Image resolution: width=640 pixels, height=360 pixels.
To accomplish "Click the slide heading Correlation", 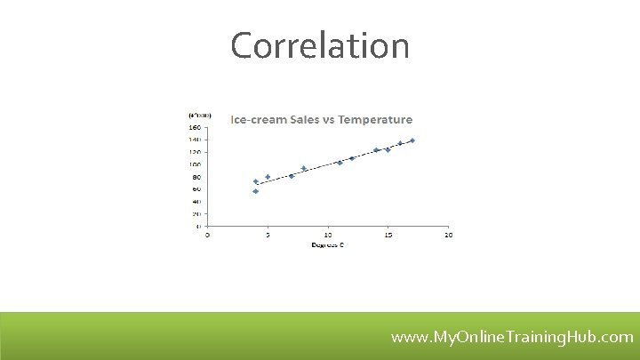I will [x=320, y=45].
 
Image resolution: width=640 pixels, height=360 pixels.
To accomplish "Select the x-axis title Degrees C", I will [x=327, y=244].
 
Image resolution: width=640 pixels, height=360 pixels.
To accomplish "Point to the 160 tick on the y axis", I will [x=195, y=126].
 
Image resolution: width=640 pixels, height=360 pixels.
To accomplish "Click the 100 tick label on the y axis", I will [x=195, y=164].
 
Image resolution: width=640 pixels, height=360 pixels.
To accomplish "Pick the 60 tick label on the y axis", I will [x=196, y=188].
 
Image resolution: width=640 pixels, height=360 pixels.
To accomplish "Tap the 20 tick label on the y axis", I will [x=196, y=213].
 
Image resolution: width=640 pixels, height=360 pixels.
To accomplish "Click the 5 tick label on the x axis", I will [x=268, y=235].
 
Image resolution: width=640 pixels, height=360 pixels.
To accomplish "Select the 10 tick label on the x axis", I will [x=327, y=235].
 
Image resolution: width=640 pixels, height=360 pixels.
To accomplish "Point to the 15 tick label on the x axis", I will [x=388, y=235].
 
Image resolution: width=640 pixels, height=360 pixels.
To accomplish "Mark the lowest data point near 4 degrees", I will [x=256, y=191].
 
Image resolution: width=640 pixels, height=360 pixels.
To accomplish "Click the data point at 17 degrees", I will [x=412, y=140].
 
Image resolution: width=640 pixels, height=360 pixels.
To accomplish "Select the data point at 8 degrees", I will [x=304, y=168].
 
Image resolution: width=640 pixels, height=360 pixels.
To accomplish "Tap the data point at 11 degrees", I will [x=340, y=163].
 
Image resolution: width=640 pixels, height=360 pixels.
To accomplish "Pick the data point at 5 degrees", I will [x=268, y=177].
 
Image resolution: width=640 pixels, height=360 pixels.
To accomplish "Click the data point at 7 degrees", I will [x=292, y=176].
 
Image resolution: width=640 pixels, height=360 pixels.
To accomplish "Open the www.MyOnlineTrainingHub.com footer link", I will [x=512, y=337].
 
